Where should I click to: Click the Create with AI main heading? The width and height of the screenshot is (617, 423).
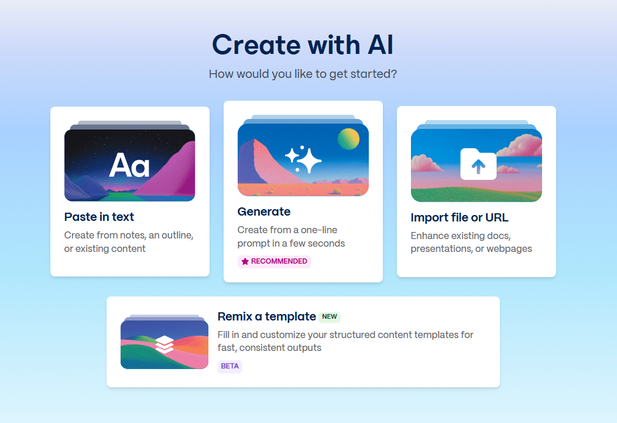click(x=303, y=45)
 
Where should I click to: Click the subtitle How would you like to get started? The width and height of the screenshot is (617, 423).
click(x=303, y=74)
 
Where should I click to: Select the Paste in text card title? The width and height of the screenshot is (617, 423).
click(x=99, y=217)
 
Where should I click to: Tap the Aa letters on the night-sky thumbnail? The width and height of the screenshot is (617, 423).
click(x=129, y=165)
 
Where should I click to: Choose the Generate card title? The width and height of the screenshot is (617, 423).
click(x=263, y=211)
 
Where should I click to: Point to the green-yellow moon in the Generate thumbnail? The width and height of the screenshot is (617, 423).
click(x=348, y=139)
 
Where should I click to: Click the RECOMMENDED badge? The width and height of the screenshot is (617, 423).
click(x=274, y=261)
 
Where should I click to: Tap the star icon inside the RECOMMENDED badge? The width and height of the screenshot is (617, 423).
click(x=245, y=261)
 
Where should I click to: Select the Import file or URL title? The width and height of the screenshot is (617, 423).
click(x=460, y=218)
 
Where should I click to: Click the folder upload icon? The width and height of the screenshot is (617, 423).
click(x=478, y=164)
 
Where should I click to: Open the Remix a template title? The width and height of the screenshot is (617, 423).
click(x=266, y=316)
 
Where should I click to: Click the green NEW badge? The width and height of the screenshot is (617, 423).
click(x=330, y=317)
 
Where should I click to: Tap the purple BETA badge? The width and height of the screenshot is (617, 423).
click(x=229, y=366)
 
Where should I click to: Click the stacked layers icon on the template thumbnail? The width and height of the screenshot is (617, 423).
click(x=165, y=344)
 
